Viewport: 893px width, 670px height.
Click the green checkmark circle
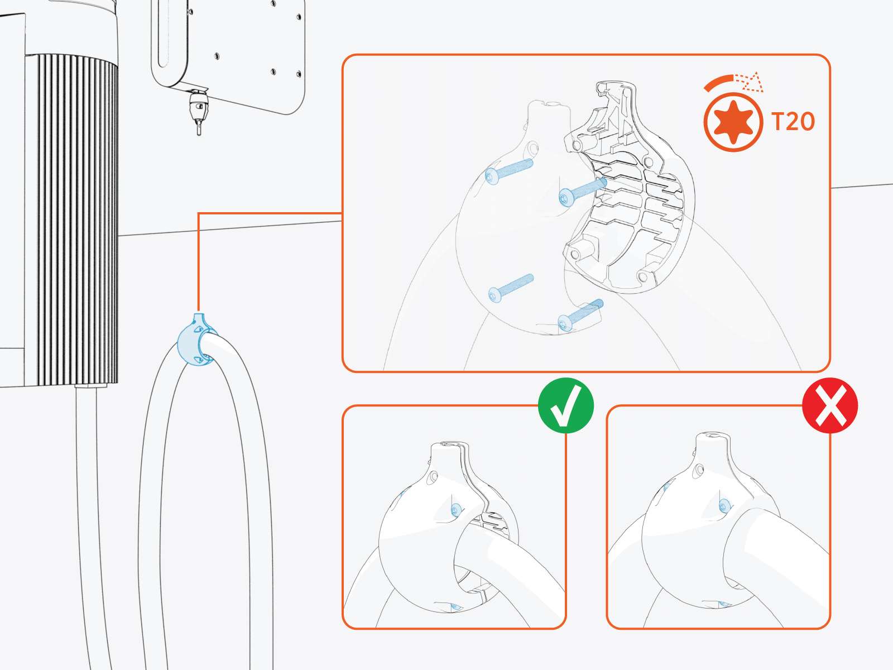coord(565,405)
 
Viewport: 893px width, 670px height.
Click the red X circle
coord(829,405)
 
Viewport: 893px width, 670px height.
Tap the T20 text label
coord(793,122)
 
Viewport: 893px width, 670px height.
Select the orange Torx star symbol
coord(732,122)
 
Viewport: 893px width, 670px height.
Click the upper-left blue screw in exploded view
coord(508,170)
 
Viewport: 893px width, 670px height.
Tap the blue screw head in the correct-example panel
coord(455,509)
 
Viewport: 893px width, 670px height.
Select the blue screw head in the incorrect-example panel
coord(724,506)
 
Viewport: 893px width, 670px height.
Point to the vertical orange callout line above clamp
coord(199,262)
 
